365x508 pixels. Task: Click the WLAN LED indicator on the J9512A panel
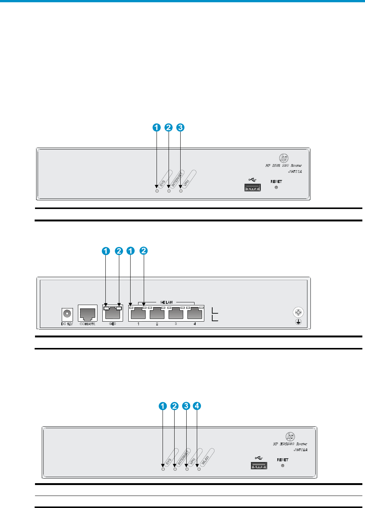[x=199, y=469]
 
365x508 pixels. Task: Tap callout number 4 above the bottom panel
[x=197, y=406]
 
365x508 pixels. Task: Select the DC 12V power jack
[x=67, y=313]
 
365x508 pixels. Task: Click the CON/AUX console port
[x=87, y=313]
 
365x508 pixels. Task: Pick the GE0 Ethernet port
[x=113, y=313]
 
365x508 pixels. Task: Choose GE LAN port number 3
[x=176, y=313]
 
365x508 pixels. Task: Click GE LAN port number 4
[x=195, y=313]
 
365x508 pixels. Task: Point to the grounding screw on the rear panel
[x=298, y=312]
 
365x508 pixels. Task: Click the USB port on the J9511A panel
[x=252, y=187]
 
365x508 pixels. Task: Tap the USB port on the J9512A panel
[x=259, y=465]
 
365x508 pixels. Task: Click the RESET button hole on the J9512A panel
[x=283, y=465]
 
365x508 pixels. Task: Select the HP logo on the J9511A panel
[x=284, y=158]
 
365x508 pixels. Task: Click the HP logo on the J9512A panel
[x=290, y=436]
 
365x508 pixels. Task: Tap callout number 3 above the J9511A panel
[x=181, y=127]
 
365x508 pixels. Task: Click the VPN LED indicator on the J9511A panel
[x=181, y=191]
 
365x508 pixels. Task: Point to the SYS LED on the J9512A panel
[x=163, y=469]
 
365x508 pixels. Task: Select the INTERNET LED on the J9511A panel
[x=169, y=191]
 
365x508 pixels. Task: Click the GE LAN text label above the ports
[x=166, y=302]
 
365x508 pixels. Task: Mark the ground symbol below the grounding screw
[x=298, y=322]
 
